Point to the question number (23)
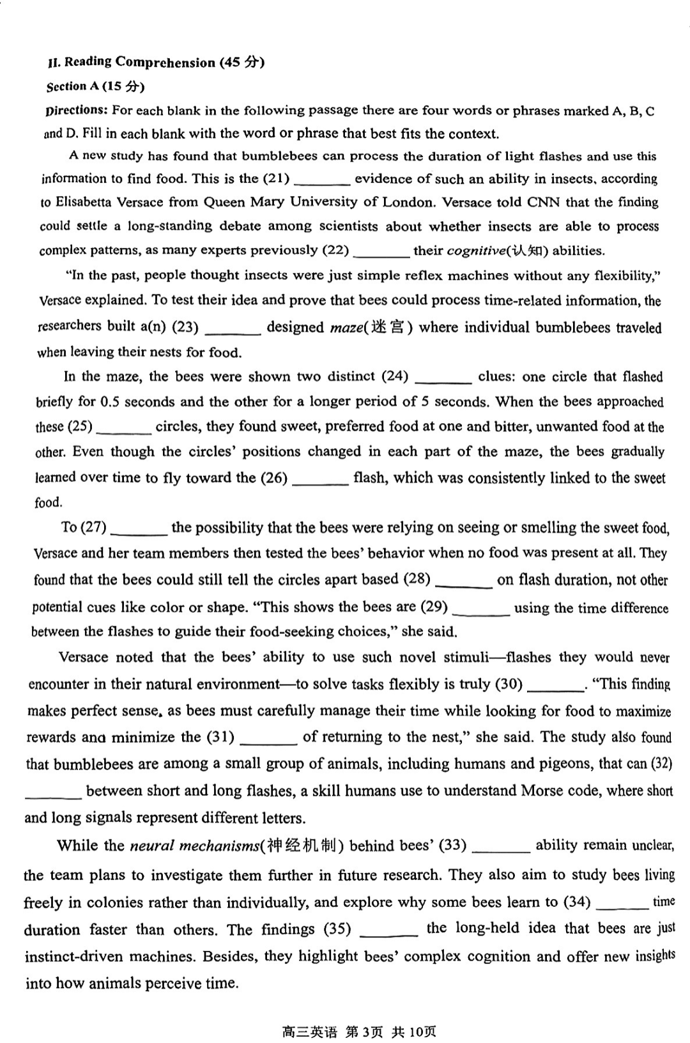pos(185,327)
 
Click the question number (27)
pos(93,528)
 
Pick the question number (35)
pos(337,929)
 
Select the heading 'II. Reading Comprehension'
pos(132,62)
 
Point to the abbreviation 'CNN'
pos(544,202)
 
